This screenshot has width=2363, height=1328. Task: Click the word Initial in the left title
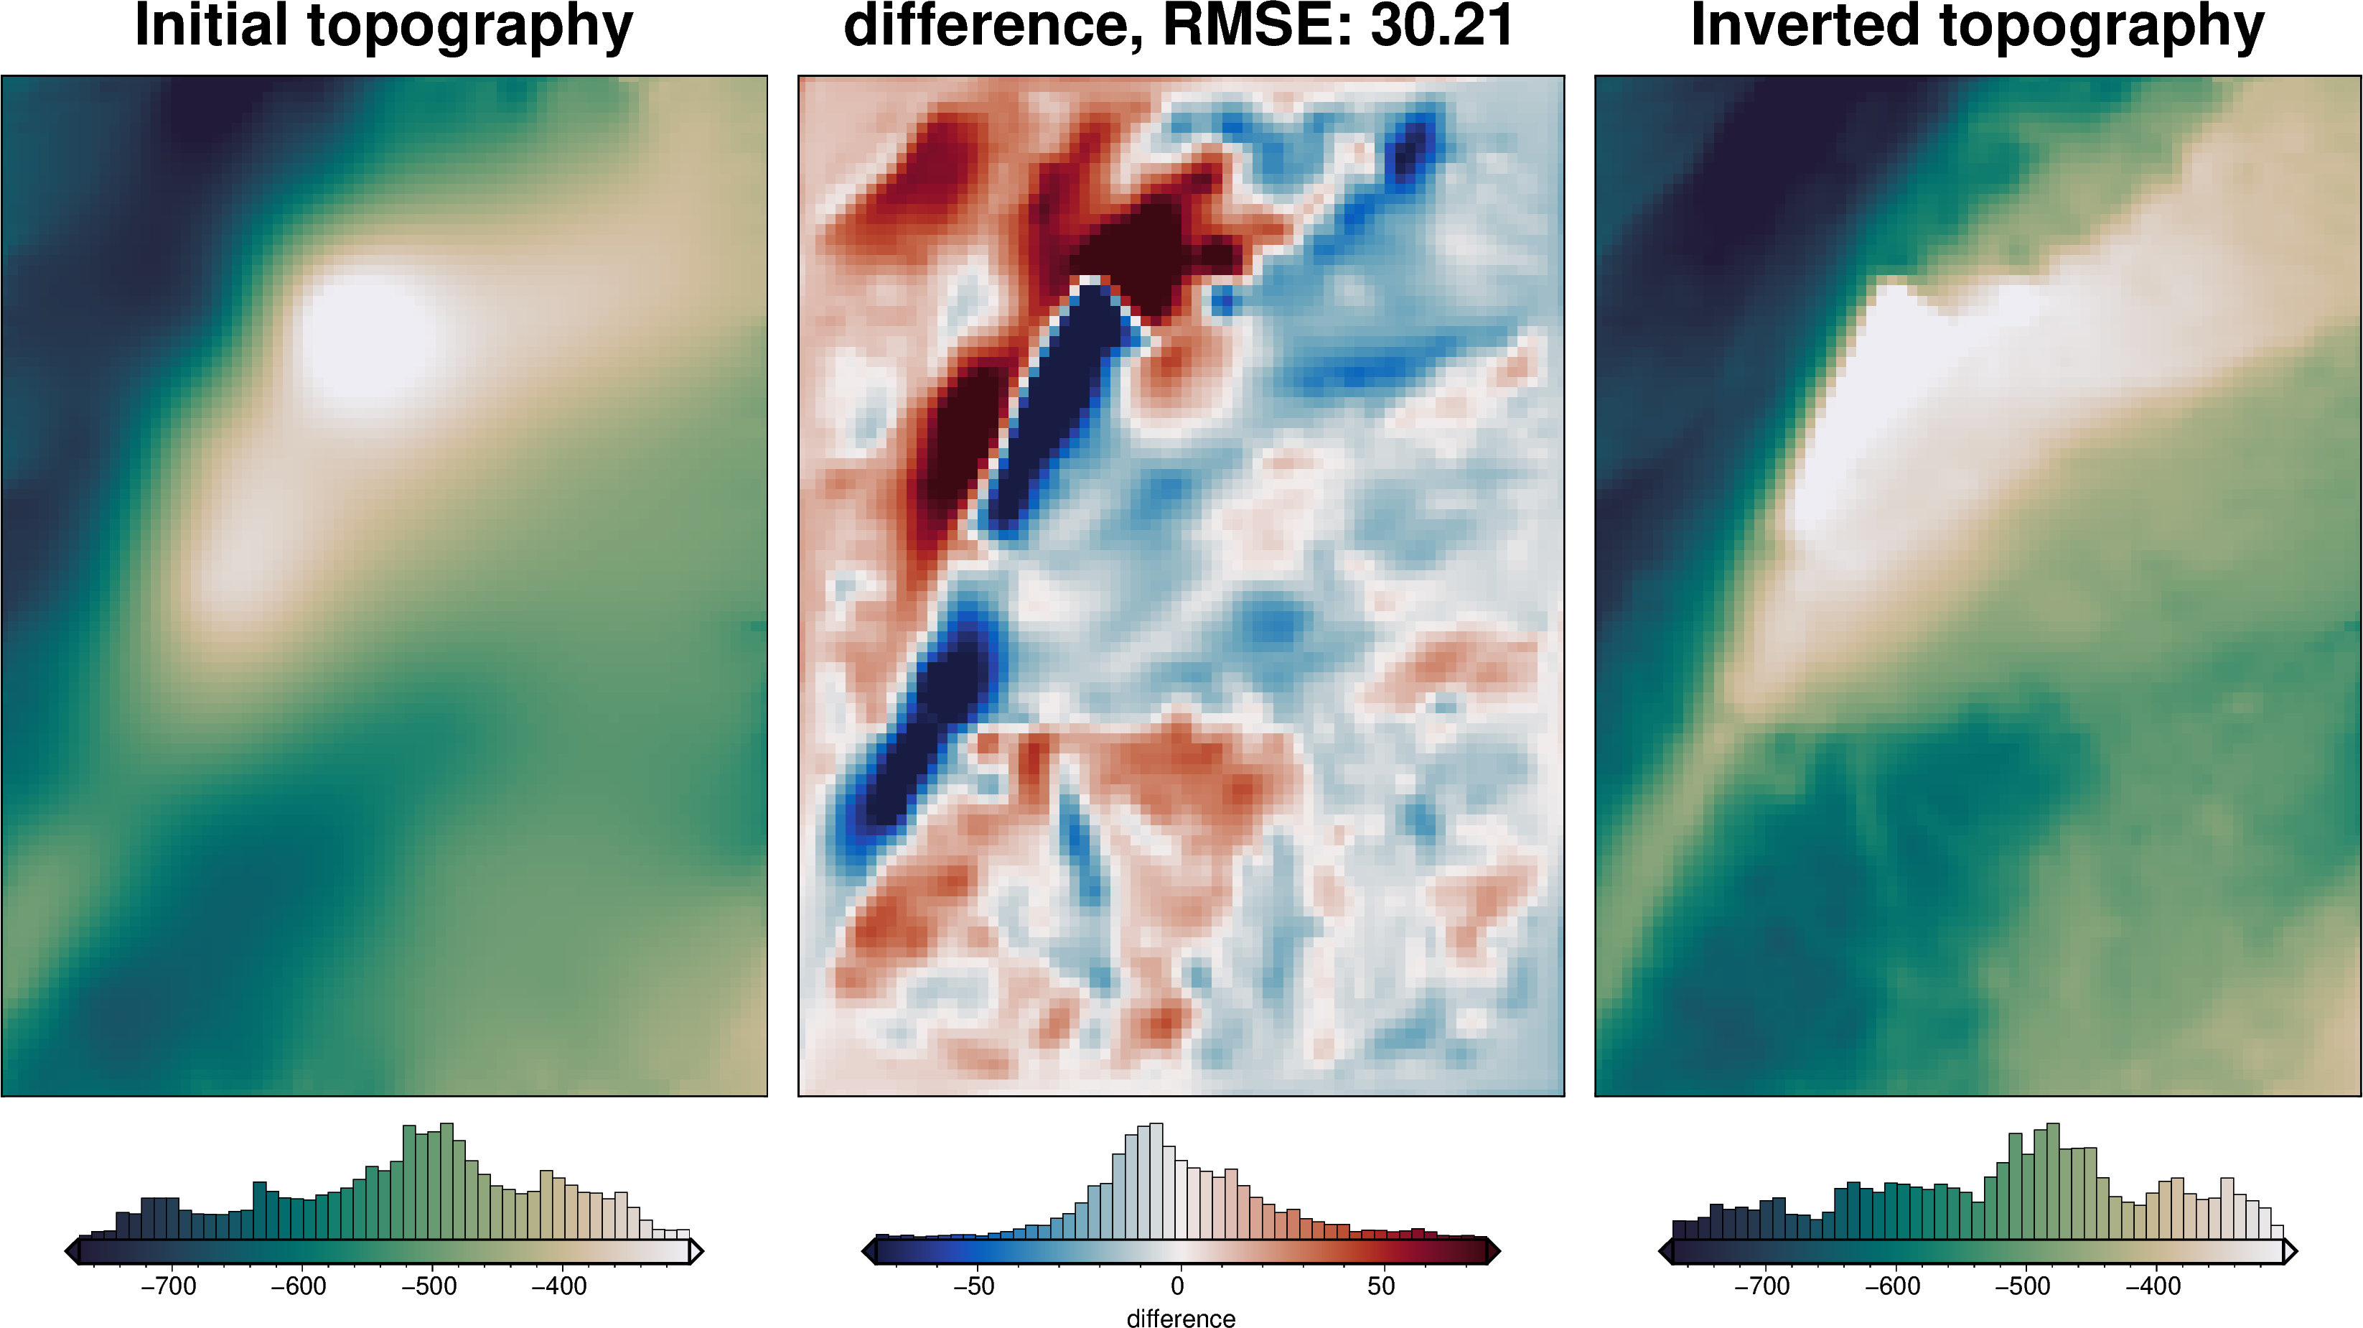211,26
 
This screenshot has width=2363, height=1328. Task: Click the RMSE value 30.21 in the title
1442,26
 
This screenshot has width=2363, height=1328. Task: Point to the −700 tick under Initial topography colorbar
169,1286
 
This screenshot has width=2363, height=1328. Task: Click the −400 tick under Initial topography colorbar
560,1286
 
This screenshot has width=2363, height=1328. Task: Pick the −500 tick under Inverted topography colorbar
2023,1286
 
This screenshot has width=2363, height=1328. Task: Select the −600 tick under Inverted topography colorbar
1892,1286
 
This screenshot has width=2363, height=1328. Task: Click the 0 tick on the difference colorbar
1178,1286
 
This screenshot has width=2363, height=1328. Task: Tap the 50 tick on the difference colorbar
1382,1286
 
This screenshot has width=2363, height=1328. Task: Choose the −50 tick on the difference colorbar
973,1286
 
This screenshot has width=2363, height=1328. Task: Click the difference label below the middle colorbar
1181,1318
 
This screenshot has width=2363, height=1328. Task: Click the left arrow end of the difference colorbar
869,1251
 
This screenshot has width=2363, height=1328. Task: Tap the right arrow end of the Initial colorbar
696,1251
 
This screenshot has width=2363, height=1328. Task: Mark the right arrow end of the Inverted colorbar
2291,1251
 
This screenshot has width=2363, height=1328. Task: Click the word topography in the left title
469,26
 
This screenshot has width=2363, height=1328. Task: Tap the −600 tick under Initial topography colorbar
299,1286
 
